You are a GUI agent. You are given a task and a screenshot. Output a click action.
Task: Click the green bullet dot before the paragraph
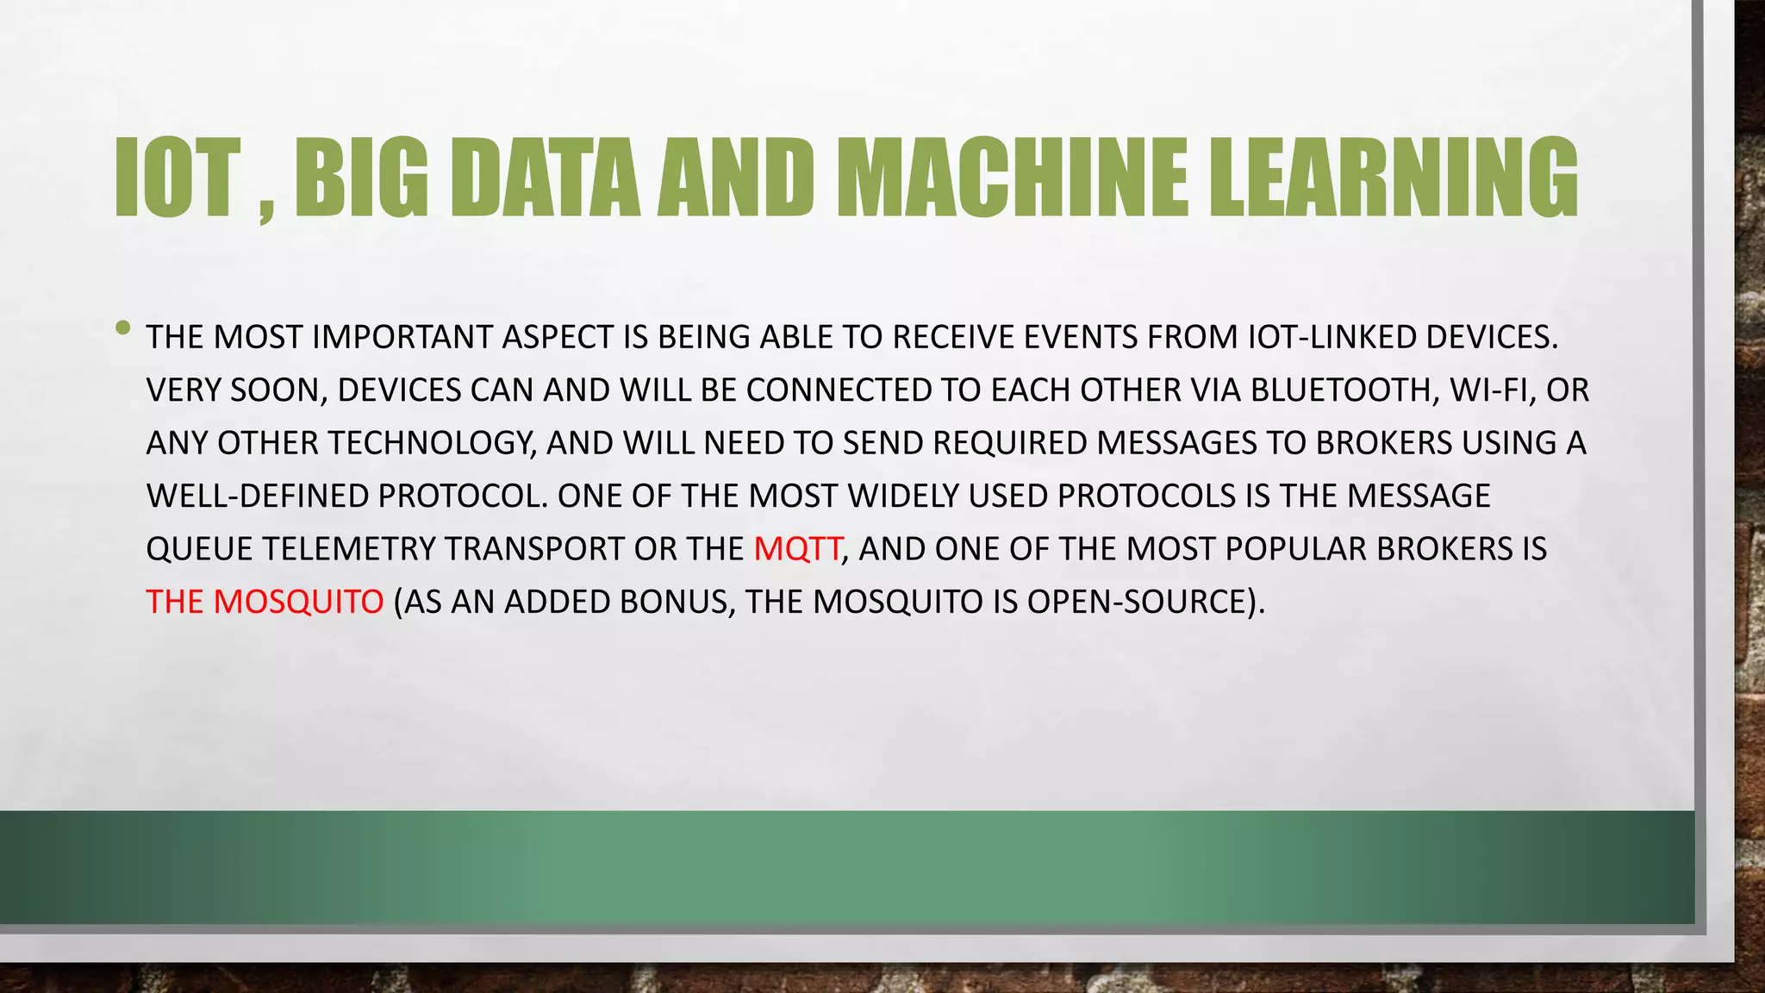pos(123,328)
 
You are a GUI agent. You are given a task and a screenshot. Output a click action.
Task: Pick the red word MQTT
pos(797,549)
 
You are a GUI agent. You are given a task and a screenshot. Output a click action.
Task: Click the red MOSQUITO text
pos(298,602)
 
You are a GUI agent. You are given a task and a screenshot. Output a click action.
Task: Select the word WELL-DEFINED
pos(257,496)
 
